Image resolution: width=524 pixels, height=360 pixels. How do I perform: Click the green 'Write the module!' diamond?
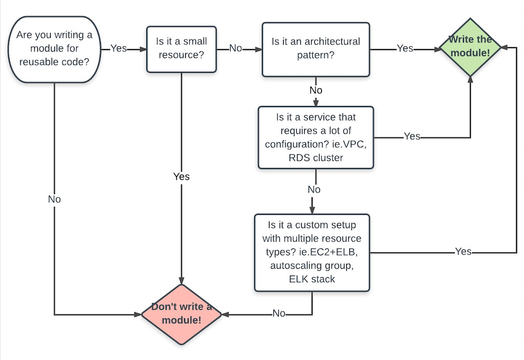click(x=470, y=47)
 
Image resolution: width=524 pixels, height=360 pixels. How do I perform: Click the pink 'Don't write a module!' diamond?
click(x=182, y=314)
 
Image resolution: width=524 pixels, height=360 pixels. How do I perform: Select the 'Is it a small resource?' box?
click(x=182, y=49)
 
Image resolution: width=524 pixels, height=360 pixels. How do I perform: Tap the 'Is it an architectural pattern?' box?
click(x=316, y=50)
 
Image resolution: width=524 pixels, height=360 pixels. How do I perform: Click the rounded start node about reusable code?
click(x=55, y=49)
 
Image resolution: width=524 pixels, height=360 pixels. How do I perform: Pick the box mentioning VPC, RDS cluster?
click(x=316, y=137)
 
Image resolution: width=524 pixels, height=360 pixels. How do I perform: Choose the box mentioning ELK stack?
click(x=312, y=252)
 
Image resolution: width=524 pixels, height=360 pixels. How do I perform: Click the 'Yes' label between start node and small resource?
click(x=119, y=49)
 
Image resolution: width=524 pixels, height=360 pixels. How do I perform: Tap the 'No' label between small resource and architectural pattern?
click(x=236, y=49)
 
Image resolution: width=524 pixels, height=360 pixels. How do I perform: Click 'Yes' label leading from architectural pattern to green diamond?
click(x=405, y=49)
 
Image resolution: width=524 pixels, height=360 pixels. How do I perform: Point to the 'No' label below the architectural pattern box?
click(x=316, y=90)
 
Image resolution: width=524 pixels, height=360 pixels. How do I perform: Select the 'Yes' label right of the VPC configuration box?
click(x=412, y=136)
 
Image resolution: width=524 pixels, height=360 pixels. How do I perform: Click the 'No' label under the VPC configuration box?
click(x=314, y=190)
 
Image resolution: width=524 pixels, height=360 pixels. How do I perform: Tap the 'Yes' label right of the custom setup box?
click(x=463, y=251)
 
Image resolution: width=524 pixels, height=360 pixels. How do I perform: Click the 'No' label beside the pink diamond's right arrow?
click(x=279, y=313)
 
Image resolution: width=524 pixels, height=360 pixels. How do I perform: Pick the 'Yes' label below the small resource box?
click(x=182, y=177)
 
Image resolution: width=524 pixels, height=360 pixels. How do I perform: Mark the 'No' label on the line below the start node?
click(x=55, y=199)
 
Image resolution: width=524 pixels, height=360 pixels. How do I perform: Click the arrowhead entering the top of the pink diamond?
click(x=182, y=281)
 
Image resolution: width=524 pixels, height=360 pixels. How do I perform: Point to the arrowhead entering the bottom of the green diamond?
click(x=470, y=80)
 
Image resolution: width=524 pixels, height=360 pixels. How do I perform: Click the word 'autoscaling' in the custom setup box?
click(x=294, y=265)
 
